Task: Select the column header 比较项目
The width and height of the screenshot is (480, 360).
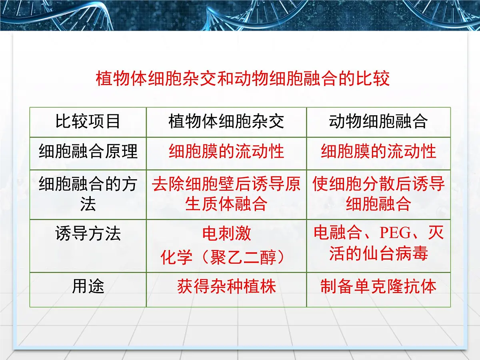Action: (x=88, y=122)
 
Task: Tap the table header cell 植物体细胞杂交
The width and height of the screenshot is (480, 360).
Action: (x=226, y=122)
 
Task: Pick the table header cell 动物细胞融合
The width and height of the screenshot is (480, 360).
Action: (x=378, y=122)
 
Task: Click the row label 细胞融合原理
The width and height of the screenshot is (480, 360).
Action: (x=88, y=152)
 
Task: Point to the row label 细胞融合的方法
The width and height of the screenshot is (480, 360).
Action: (x=88, y=194)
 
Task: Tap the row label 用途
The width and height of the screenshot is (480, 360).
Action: (x=88, y=287)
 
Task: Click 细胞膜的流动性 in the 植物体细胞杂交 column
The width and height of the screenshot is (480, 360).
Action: (x=226, y=152)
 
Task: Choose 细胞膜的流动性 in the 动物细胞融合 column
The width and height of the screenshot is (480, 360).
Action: (x=378, y=152)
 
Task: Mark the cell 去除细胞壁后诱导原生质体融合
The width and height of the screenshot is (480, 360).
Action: (x=226, y=194)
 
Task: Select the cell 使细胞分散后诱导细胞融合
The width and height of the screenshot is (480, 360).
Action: (x=378, y=194)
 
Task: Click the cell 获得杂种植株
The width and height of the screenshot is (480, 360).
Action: (x=226, y=287)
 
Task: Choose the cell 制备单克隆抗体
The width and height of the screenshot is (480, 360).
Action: (x=378, y=287)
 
